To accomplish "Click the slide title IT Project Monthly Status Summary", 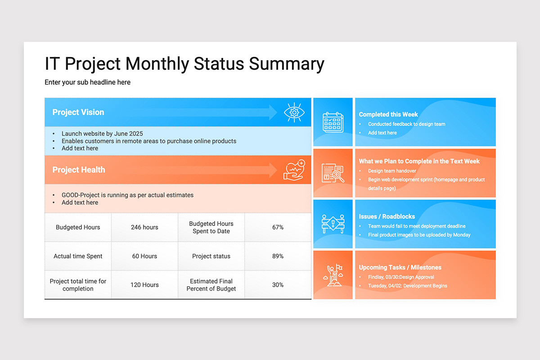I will click(184, 64).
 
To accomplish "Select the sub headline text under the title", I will click(87, 82).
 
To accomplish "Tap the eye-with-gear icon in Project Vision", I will click(294, 112).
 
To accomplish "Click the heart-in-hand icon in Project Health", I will click(294, 170).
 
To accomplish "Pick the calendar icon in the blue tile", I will click(333, 122).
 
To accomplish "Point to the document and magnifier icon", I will click(333, 173).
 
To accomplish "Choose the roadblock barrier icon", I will click(333, 224).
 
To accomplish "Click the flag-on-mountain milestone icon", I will click(333, 275).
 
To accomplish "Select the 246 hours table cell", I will click(144, 227).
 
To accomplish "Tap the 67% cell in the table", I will click(278, 227).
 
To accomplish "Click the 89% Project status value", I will click(278, 256).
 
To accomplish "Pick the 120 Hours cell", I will click(144, 285).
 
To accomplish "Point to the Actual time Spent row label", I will click(78, 256).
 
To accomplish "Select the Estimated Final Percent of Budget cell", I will click(211, 285).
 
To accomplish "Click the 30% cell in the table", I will click(278, 285).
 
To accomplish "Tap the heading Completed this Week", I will click(388, 114).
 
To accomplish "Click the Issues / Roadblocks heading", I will click(387, 216).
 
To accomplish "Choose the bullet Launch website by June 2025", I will click(102, 134).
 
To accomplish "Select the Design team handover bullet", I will click(392, 171).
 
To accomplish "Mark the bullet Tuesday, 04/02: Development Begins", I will click(407, 286).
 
